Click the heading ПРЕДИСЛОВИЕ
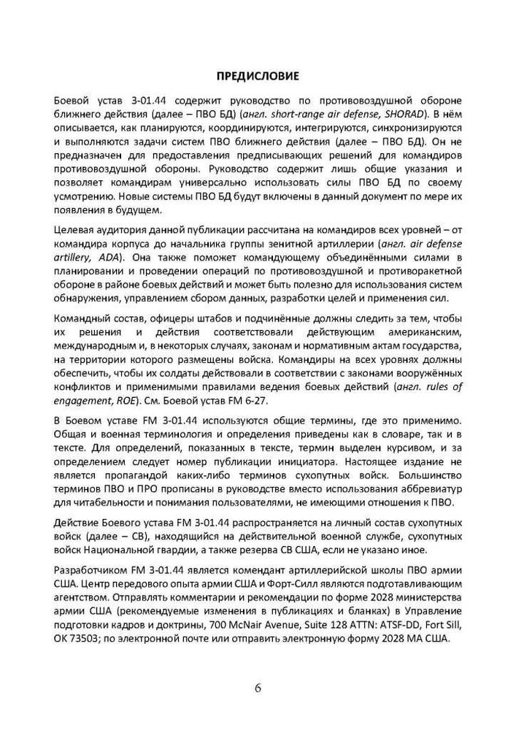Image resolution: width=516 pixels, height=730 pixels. coord(258,74)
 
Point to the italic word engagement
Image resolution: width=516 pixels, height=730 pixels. coord(87,400)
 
